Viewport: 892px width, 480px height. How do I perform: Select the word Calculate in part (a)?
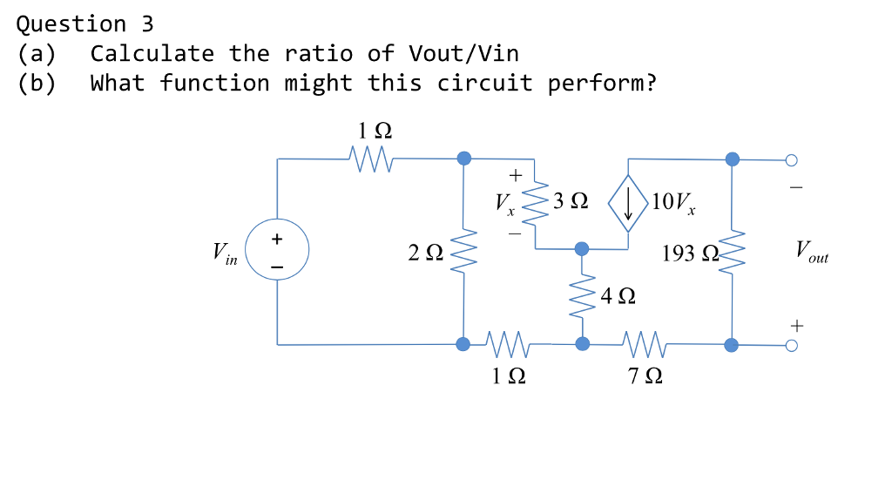pos(152,54)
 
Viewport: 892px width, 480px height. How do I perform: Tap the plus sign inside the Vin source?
pos(276,238)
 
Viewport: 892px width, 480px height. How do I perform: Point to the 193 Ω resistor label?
pos(688,254)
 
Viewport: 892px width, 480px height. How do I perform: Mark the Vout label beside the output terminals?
pos(811,254)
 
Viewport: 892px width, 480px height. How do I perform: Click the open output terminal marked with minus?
pos(791,160)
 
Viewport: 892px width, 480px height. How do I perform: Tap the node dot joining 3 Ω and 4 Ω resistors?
pos(581,249)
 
